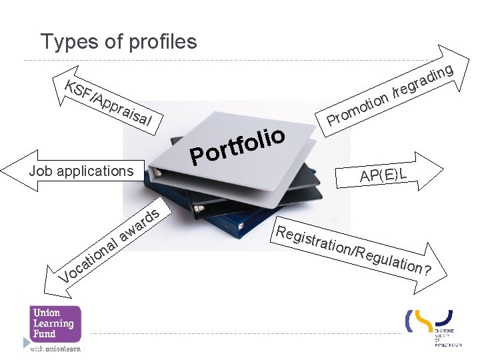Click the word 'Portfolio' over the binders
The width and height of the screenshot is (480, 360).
[238, 144]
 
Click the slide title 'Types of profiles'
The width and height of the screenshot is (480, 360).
[119, 42]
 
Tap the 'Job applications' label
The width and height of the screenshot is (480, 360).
[81, 171]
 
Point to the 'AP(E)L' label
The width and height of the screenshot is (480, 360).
[383, 175]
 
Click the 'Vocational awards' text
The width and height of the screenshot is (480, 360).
[109, 246]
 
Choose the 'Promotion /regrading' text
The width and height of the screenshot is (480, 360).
[391, 95]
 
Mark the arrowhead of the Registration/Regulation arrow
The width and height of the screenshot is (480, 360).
[437, 263]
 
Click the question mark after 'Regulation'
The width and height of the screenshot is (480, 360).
[427, 270]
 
